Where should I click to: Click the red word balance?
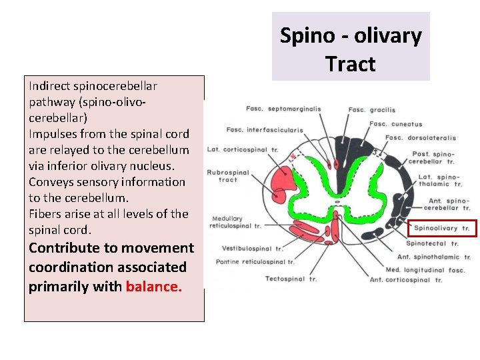(x=153, y=287)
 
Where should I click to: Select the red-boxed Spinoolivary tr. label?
(x=443, y=228)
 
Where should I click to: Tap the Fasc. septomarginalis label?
(x=283, y=109)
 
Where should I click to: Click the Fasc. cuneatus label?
(x=395, y=123)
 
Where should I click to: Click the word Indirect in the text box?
(x=48, y=86)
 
